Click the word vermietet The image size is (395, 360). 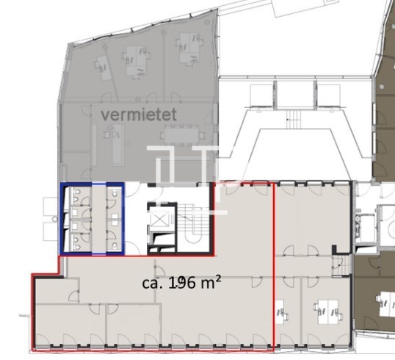tap(139, 115)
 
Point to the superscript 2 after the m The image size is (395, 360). tap(218, 278)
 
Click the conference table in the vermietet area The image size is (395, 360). tap(181, 136)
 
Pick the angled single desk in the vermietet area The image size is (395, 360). tap(104, 68)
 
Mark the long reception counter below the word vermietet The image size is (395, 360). tap(118, 144)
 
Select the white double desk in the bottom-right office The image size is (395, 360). tap(327, 312)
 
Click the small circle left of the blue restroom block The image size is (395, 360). tap(55, 219)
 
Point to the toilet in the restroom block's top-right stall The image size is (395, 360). tap(115, 193)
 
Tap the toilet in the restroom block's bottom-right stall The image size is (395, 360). tap(115, 245)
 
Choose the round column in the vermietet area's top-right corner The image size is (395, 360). tap(207, 22)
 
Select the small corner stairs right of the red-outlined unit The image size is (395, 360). tap(341, 265)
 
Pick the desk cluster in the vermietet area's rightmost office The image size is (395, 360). tap(189, 50)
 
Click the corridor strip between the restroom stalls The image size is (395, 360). tap(98, 218)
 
